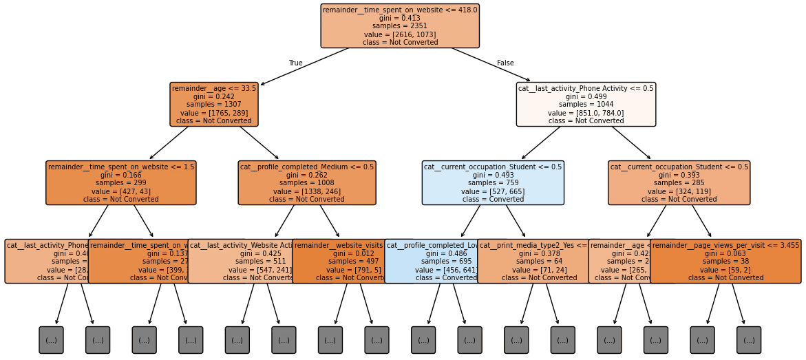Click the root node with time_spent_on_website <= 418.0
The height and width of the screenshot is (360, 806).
click(x=400, y=26)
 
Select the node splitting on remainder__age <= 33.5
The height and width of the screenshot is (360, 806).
click(x=214, y=105)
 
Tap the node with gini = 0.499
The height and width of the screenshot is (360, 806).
click(x=586, y=105)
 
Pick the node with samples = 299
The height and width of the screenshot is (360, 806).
click(x=121, y=183)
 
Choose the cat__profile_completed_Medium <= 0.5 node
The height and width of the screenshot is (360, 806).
click(x=307, y=183)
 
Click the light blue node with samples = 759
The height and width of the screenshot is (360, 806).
click(x=493, y=183)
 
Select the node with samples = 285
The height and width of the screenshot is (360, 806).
click(x=679, y=183)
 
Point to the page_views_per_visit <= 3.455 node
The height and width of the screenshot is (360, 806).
click(x=725, y=262)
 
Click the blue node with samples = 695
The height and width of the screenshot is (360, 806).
click(x=434, y=262)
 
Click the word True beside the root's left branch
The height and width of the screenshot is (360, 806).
click(x=295, y=63)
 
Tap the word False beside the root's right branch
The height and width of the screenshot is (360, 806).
click(x=505, y=63)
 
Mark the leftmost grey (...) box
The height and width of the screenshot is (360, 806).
click(x=51, y=340)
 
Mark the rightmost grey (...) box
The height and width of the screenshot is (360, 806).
click(x=749, y=340)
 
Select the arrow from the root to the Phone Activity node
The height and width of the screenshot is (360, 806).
click(x=491, y=65)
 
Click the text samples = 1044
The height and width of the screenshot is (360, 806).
click(x=586, y=105)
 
